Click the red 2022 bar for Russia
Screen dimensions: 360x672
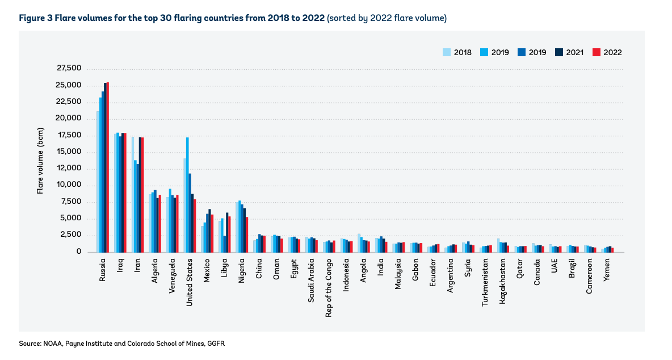pos(107,168)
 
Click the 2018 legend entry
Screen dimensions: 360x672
pos(457,52)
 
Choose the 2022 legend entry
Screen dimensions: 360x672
pos(607,52)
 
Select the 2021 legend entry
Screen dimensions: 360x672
pos(570,52)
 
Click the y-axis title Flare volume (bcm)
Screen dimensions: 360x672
pos(40,168)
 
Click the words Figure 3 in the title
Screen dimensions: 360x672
pos(36,18)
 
